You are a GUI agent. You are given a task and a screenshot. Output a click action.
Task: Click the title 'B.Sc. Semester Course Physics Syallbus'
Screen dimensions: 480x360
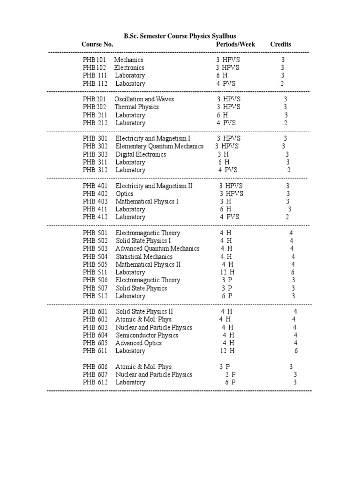point(180,36)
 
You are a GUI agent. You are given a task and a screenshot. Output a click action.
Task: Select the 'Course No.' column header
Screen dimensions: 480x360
point(97,45)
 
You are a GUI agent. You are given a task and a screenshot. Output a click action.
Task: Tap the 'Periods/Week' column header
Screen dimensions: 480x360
point(235,45)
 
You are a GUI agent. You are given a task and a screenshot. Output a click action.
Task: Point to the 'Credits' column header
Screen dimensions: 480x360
point(280,45)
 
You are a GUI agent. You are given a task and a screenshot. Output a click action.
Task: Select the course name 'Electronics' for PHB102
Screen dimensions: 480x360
point(129,67)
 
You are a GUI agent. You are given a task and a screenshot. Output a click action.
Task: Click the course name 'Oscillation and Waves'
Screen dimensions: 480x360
point(144,99)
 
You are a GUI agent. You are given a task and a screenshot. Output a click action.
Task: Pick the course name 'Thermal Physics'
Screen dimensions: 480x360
point(137,107)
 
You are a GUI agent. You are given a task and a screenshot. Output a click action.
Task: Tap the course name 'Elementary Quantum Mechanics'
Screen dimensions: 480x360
point(159,146)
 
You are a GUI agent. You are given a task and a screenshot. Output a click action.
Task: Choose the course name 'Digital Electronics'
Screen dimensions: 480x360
point(141,154)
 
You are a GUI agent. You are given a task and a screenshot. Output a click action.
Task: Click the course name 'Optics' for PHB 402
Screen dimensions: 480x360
point(124,194)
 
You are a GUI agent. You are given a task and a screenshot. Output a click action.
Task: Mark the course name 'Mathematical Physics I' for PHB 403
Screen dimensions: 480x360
point(147,202)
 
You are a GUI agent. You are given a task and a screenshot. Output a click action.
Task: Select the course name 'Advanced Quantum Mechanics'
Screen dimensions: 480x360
point(157,249)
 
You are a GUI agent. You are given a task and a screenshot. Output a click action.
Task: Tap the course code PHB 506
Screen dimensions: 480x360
point(95,280)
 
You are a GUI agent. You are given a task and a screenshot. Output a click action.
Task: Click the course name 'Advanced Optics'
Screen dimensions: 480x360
point(139,343)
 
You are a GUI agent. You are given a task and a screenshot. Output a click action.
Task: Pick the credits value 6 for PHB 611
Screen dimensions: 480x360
point(296,351)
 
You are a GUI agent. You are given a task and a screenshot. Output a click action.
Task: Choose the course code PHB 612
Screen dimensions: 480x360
point(95,382)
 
